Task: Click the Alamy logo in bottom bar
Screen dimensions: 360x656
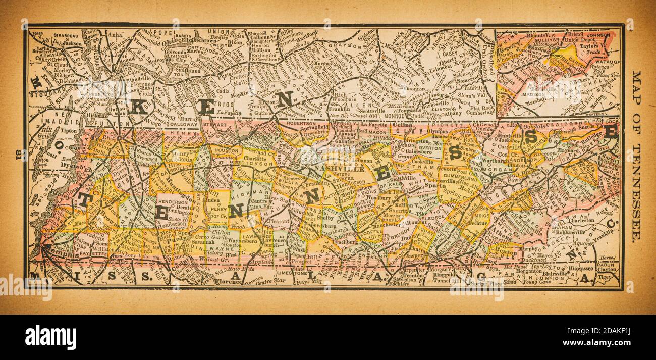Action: click(x=50, y=337)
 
